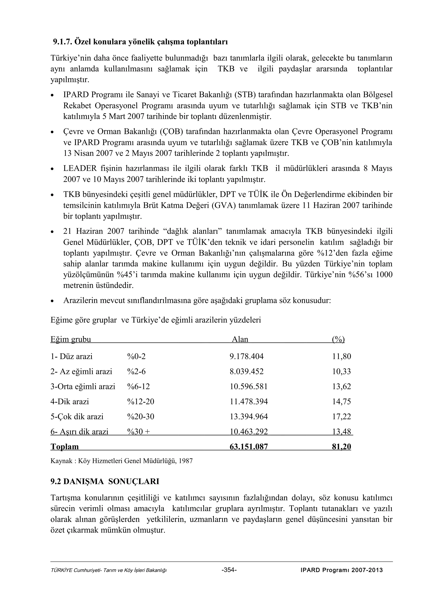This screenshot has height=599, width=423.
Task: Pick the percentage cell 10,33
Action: (341, 371)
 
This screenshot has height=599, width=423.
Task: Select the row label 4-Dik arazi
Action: (70, 402)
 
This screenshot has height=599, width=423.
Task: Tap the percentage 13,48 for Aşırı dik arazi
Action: (341, 432)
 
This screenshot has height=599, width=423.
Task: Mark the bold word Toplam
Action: (64, 447)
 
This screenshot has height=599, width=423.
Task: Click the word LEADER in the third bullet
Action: (80, 168)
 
